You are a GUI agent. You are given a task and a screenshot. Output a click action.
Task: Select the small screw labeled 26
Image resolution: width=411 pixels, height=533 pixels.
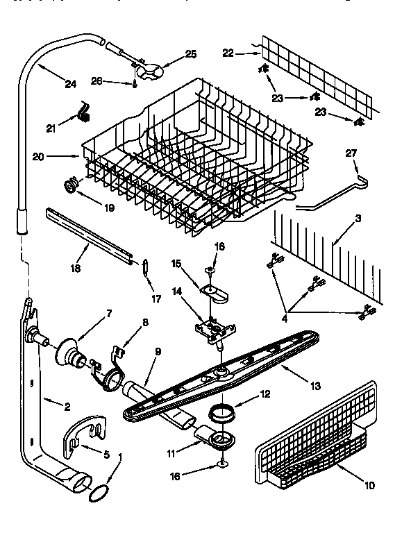pyautogui.click(x=133, y=83)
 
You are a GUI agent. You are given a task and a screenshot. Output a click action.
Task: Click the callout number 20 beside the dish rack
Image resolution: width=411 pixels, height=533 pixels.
pyautogui.click(x=38, y=157)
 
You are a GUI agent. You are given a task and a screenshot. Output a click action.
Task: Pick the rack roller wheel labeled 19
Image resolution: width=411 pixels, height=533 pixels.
pyautogui.click(x=69, y=184)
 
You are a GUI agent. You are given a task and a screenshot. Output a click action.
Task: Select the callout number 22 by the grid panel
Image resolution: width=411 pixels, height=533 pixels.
pyautogui.click(x=227, y=53)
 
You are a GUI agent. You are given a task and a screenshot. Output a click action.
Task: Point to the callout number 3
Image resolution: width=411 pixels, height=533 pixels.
pyautogui.click(x=358, y=219)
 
